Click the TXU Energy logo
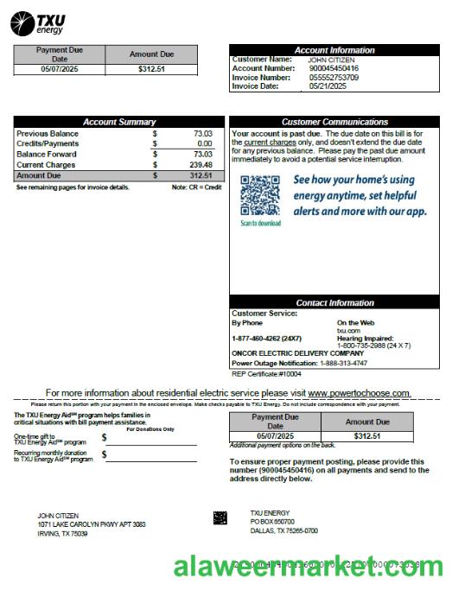(x=39, y=23)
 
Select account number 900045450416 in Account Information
(x=334, y=68)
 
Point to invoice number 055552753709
(x=334, y=77)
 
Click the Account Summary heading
(x=119, y=122)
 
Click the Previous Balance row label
(x=48, y=134)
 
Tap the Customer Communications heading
(x=334, y=122)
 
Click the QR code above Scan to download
(x=260, y=196)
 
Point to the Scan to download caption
(x=260, y=223)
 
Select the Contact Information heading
(x=334, y=302)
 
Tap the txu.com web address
(x=348, y=330)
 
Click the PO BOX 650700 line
(x=272, y=522)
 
